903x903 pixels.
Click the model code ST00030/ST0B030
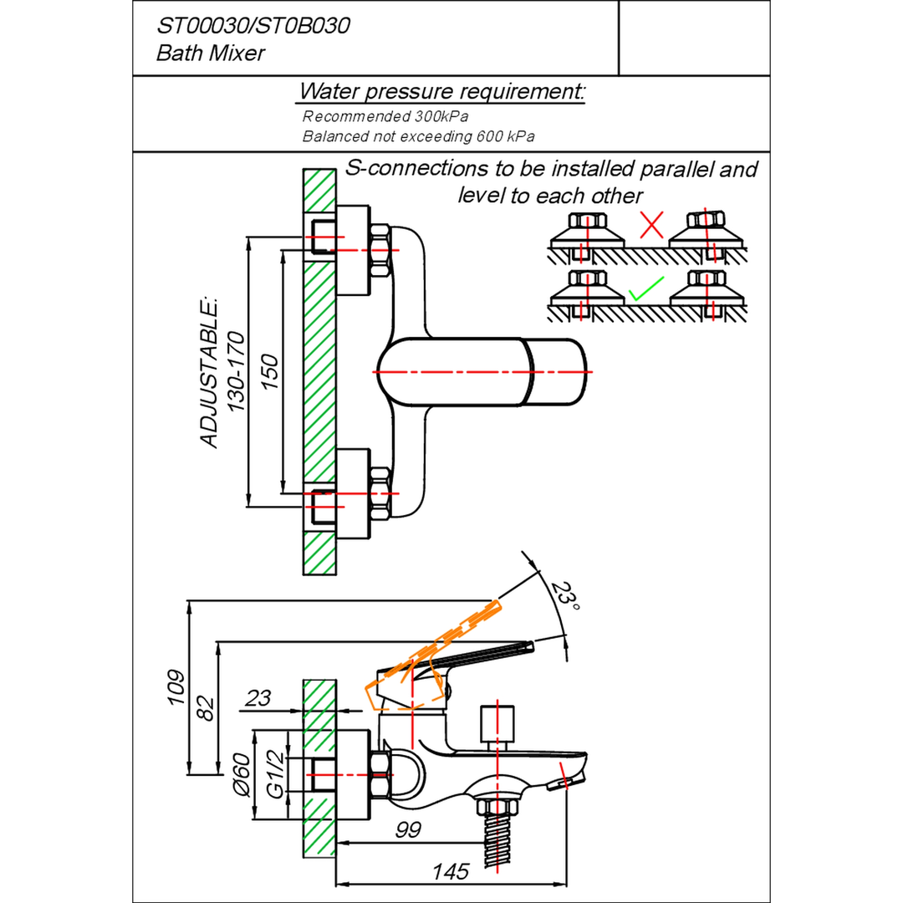253,26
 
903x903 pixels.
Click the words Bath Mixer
210,54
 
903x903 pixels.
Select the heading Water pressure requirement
441,91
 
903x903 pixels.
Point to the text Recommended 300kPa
385,116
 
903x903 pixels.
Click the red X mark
651,225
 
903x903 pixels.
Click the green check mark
646,289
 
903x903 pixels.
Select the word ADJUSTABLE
209,373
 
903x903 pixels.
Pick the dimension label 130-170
236,371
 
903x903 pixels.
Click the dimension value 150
269,372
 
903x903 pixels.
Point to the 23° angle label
564,595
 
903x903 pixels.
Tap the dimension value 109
176,687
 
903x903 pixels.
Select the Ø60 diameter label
242,774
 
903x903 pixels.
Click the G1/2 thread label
275,774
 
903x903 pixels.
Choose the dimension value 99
408,830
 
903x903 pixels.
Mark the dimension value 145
451,872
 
